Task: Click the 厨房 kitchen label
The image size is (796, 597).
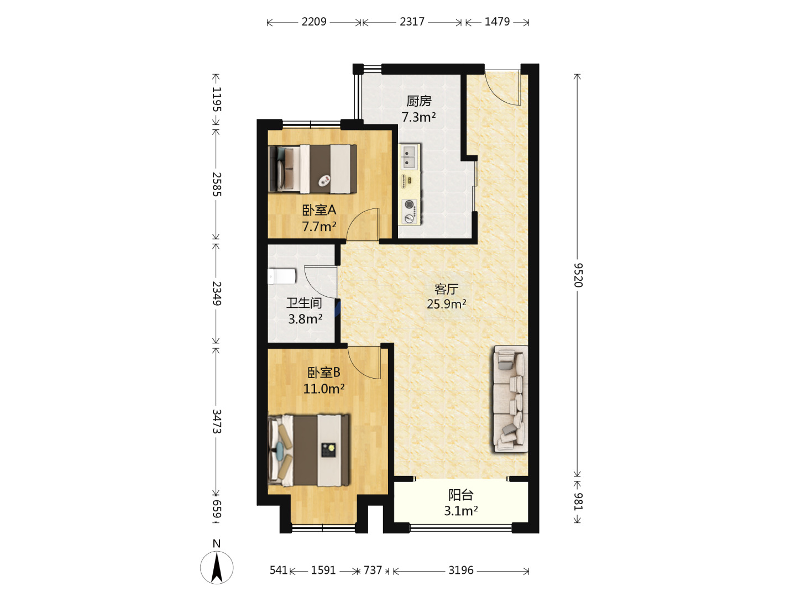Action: point(418,101)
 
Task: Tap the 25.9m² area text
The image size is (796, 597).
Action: point(446,304)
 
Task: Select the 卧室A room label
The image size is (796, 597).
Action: point(319,210)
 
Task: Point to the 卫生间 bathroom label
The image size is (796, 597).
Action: point(304,303)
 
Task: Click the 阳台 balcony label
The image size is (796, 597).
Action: point(460,495)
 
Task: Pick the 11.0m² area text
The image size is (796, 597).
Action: point(324,389)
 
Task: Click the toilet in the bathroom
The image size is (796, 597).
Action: point(282,276)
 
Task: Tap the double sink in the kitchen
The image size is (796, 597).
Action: point(410,157)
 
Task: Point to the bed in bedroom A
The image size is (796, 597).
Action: point(313,169)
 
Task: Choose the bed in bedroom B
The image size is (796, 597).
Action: point(309,450)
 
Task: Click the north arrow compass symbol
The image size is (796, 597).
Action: point(217,567)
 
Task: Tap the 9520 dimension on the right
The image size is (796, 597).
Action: point(578,275)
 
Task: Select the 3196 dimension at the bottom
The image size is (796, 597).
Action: point(460,570)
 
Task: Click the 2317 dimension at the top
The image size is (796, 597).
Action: point(412,22)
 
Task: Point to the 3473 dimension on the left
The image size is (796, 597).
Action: point(217,421)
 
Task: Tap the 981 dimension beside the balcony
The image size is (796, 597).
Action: point(578,502)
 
